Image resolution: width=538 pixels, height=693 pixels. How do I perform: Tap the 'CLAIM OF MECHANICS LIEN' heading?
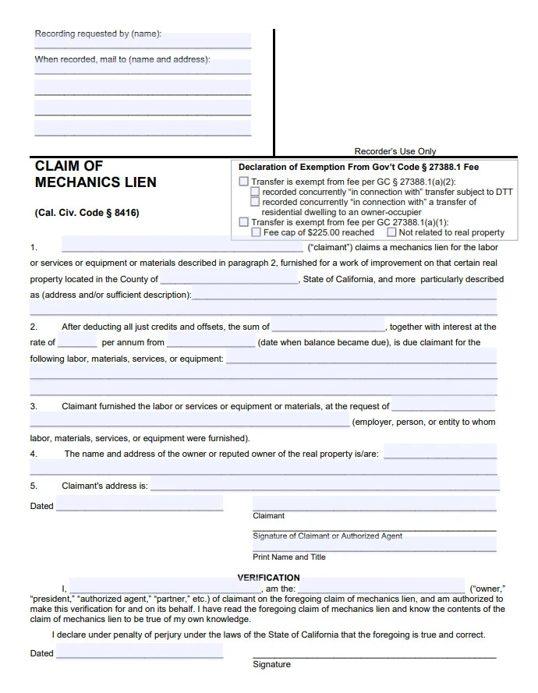(95, 175)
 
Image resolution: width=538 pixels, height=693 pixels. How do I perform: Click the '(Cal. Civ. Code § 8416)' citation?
(87, 213)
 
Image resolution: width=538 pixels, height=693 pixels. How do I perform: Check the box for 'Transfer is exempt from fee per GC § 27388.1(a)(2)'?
(244, 182)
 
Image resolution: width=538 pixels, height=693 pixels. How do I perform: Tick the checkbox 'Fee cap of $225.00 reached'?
(256, 232)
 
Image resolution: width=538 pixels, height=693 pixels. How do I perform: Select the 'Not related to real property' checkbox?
(391, 232)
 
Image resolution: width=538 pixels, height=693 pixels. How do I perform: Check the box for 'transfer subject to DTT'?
(255, 192)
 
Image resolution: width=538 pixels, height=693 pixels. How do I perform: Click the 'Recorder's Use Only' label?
(395, 151)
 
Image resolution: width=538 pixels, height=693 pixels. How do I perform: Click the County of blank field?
(229, 279)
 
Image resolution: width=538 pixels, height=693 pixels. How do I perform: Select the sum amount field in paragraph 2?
(328, 327)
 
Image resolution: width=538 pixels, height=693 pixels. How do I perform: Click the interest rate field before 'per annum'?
(77, 342)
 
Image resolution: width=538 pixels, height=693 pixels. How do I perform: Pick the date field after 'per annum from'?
(211, 342)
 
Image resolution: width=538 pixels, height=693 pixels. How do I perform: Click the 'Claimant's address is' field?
(324, 486)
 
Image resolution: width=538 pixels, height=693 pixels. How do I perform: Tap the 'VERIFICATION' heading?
(268, 578)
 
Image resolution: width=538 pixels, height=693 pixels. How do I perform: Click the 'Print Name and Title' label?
(289, 557)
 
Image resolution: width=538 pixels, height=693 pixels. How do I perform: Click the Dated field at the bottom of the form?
(140, 652)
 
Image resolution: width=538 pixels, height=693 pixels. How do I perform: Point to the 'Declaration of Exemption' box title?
(358, 167)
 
